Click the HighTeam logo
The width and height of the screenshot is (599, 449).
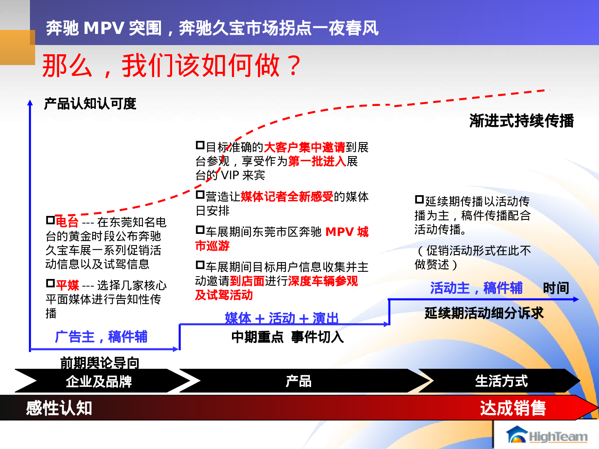tap(547, 436)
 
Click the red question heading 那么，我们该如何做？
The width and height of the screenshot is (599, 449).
tap(172, 65)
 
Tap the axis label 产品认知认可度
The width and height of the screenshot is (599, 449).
tap(90, 104)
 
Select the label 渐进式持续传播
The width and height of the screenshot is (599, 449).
tap(522, 121)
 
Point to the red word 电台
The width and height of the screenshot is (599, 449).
tap(67, 222)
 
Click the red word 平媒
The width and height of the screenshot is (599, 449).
tap(67, 285)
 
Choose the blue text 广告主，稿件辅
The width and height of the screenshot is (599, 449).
tap(101, 337)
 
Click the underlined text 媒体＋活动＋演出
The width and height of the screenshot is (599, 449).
tap(282, 318)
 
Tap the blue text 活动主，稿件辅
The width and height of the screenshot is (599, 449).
tap(476, 288)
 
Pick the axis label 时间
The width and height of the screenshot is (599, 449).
tap(556, 288)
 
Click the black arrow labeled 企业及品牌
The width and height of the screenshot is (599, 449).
tap(99, 381)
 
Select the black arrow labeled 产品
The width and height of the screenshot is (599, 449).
tap(298, 381)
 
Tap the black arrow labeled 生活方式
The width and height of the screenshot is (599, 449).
tap(501, 381)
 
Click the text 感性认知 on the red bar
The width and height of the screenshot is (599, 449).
tap(59, 408)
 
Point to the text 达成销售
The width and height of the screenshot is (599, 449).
tap(513, 408)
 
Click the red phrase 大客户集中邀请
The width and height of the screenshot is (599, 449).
tap(305, 147)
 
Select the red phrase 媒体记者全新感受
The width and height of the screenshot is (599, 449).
tap(287, 196)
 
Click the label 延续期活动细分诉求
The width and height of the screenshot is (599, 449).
tap(484, 313)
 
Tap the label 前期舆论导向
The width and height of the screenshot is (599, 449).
tap(99, 362)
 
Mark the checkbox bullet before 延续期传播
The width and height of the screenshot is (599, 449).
tap(419, 199)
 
